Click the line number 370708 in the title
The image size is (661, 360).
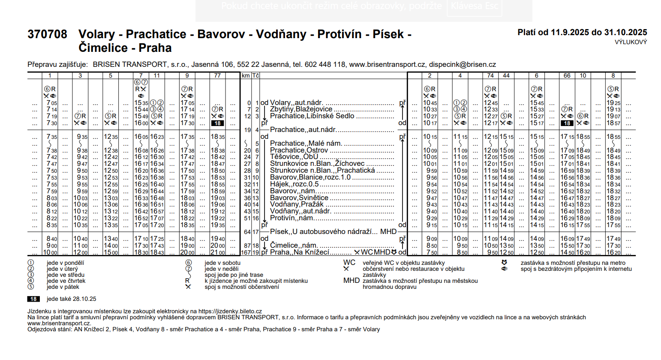pos(47,34)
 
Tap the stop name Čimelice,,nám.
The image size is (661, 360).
pos(294,245)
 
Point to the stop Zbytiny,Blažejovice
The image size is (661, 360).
pos(301,109)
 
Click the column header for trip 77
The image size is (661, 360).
pos(217,75)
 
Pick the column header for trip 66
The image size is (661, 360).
pos(567,75)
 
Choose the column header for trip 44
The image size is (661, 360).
pos(506,75)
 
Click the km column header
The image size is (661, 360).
pos(246,75)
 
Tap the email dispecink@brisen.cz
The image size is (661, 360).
pos(463,64)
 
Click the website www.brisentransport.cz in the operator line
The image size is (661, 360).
pos(387,64)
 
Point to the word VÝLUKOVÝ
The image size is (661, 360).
pos(631,42)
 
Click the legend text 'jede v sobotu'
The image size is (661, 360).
pos(222,263)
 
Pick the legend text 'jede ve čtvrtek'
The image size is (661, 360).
pos(66,281)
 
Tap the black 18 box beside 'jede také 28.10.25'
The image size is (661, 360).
pos(33,299)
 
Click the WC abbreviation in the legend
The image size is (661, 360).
pos(349,263)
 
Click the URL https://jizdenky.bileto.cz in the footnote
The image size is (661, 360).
pos(230,311)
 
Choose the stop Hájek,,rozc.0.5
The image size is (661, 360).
pos(294,184)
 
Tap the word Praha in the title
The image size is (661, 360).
pos(155,48)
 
